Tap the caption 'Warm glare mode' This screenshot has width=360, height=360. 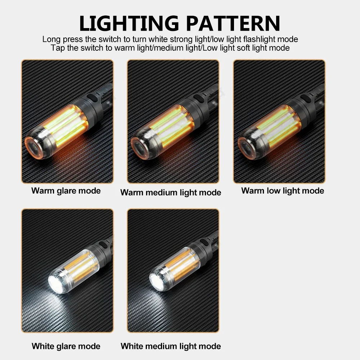(66, 190)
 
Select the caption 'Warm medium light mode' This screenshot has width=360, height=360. (171, 193)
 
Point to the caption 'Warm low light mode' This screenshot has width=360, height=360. (283, 190)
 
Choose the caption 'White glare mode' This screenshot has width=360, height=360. (66, 346)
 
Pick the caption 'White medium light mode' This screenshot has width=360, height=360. (171, 346)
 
